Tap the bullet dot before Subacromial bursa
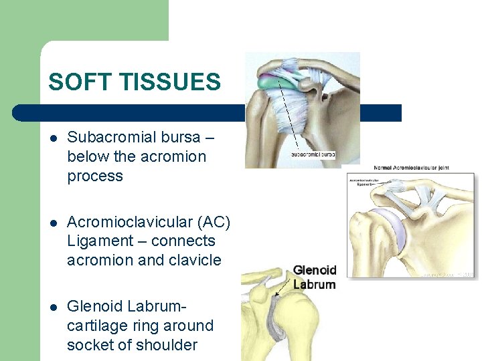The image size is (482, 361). pyautogui.click(x=53, y=138)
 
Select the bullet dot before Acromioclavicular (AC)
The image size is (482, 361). pyautogui.click(x=53, y=223)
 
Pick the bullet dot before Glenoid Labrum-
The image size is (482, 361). pyautogui.click(x=53, y=307)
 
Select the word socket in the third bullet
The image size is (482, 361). pyautogui.click(x=90, y=345)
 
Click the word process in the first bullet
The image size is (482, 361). pyautogui.click(x=95, y=176)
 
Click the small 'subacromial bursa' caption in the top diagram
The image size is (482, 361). pyautogui.click(x=313, y=154)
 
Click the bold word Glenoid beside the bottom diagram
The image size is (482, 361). pyautogui.click(x=314, y=271)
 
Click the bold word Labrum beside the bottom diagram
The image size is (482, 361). pyautogui.click(x=314, y=284)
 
